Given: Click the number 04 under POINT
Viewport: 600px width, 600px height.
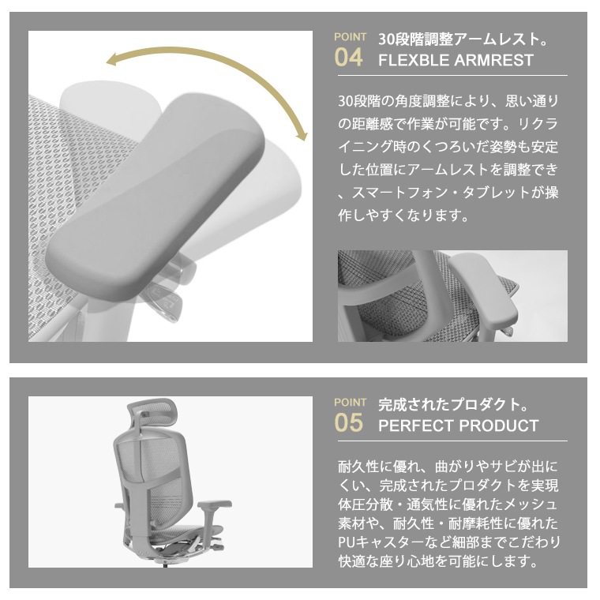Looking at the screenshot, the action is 348,58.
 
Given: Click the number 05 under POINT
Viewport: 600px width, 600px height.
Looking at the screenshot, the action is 348,423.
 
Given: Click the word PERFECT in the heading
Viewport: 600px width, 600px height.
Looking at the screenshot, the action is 416,426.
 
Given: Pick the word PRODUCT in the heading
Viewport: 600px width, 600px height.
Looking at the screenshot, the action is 499,426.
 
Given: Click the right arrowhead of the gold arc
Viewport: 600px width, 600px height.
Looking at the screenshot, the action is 302,136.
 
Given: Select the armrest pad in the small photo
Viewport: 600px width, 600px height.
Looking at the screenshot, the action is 483,290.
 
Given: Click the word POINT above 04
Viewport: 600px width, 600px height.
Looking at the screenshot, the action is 350,37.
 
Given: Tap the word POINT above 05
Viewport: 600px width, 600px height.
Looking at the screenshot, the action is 350,403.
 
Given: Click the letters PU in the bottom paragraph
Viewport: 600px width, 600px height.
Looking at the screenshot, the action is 346,542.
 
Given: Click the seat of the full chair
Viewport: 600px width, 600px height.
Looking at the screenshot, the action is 179,534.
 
